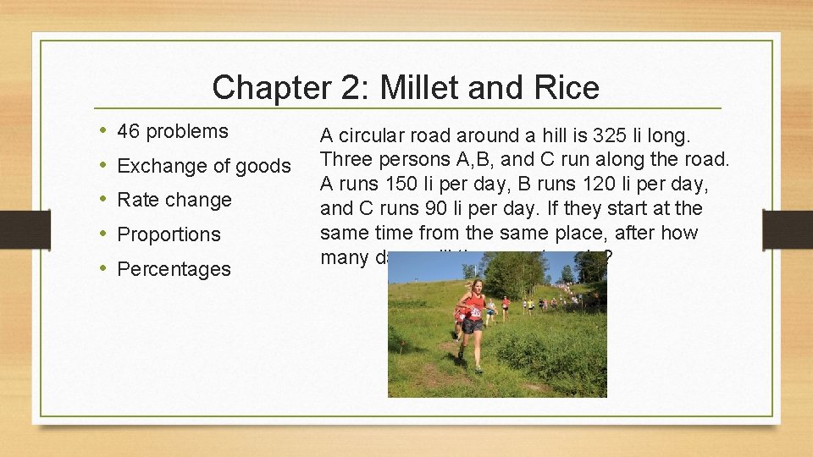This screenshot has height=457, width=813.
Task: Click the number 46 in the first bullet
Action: click(129, 131)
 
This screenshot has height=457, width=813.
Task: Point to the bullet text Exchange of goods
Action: click(203, 166)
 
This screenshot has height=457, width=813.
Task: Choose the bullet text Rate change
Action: click(174, 200)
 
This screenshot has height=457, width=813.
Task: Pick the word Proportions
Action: click(169, 234)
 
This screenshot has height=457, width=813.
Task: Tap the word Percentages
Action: click(174, 269)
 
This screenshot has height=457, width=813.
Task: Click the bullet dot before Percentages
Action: click(102, 269)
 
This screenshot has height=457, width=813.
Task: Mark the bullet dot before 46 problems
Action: click(102, 131)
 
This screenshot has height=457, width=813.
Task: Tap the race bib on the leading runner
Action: click(475, 312)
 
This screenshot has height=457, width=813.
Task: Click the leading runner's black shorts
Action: click(472, 326)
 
